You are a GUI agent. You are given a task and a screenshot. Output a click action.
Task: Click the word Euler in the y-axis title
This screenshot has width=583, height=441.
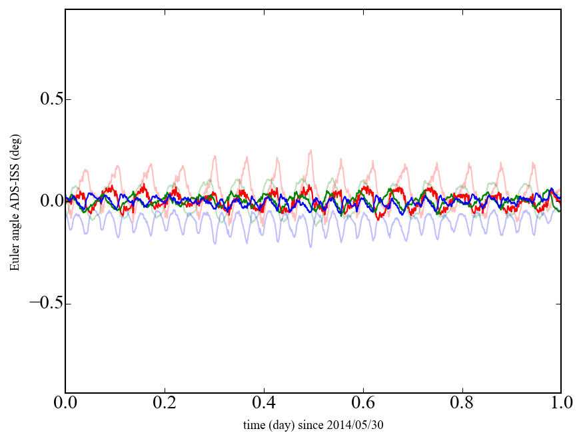[15, 259]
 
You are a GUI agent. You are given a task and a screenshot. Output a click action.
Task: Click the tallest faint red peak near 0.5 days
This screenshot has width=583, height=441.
[310, 151]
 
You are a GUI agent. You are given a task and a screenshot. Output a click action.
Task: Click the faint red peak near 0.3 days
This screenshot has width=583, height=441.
[215, 157]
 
